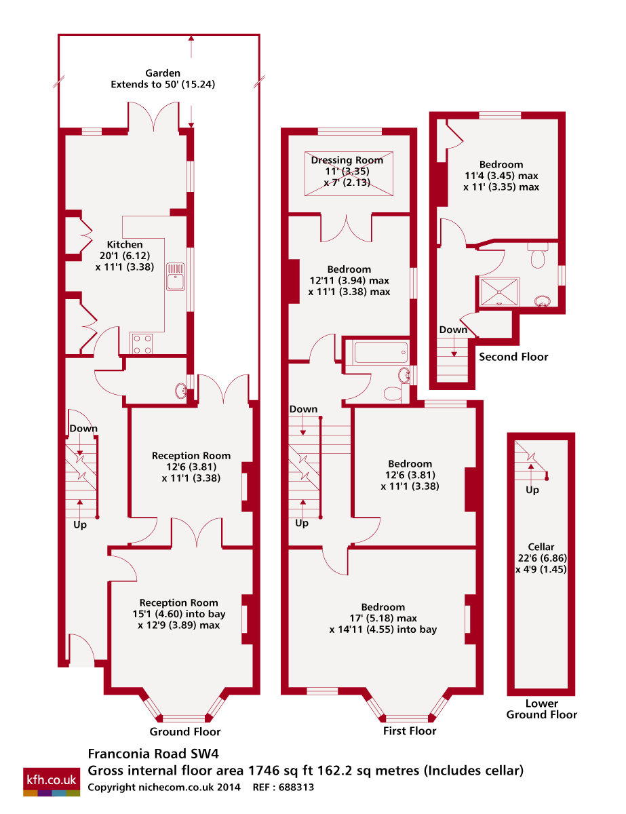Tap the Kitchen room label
(125, 245)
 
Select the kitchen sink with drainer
(176, 277)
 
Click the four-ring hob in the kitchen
(142, 344)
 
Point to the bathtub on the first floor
(380, 352)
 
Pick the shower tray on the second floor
(499, 292)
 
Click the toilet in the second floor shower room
(538, 256)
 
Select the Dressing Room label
(347, 160)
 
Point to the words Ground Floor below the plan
(185, 732)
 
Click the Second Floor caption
(513, 357)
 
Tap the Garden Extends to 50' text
(163, 79)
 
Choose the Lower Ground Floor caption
(541, 709)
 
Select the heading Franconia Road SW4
(153, 754)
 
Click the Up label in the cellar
(532, 490)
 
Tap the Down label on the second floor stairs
(453, 330)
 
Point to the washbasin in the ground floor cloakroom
(181, 391)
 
